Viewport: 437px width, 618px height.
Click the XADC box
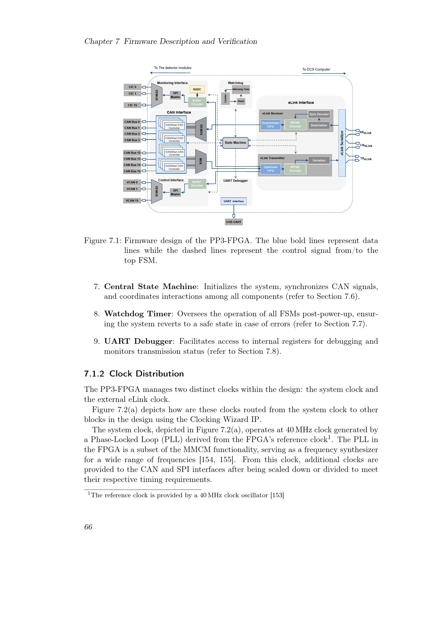tap(197, 89)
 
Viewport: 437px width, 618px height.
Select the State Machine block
tap(235, 143)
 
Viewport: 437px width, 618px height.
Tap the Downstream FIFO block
tap(271, 125)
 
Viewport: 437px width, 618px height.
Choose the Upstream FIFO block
tap(271, 169)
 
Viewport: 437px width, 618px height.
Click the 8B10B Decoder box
tap(295, 125)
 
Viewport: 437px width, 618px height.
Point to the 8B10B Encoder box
tap(295, 169)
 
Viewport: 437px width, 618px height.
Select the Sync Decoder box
tap(319, 114)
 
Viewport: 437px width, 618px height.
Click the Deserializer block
tap(319, 125)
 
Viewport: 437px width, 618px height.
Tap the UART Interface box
tap(234, 201)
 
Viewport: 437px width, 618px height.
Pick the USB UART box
tap(234, 222)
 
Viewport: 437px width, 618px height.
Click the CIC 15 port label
tap(132, 105)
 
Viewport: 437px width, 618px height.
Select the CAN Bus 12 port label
tap(132, 153)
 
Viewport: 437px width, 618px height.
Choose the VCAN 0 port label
tap(132, 182)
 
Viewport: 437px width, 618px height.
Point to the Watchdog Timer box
tap(241, 89)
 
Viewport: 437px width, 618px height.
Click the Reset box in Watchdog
tap(241, 101)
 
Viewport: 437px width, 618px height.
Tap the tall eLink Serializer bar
tap(342, 143)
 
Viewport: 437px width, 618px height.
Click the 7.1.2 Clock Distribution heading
tap(134, 374)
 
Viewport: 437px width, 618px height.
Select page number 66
tap(88, 527)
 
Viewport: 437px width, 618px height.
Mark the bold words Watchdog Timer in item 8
tap(137, 314)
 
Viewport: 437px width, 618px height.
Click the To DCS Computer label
tap(316, 69)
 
